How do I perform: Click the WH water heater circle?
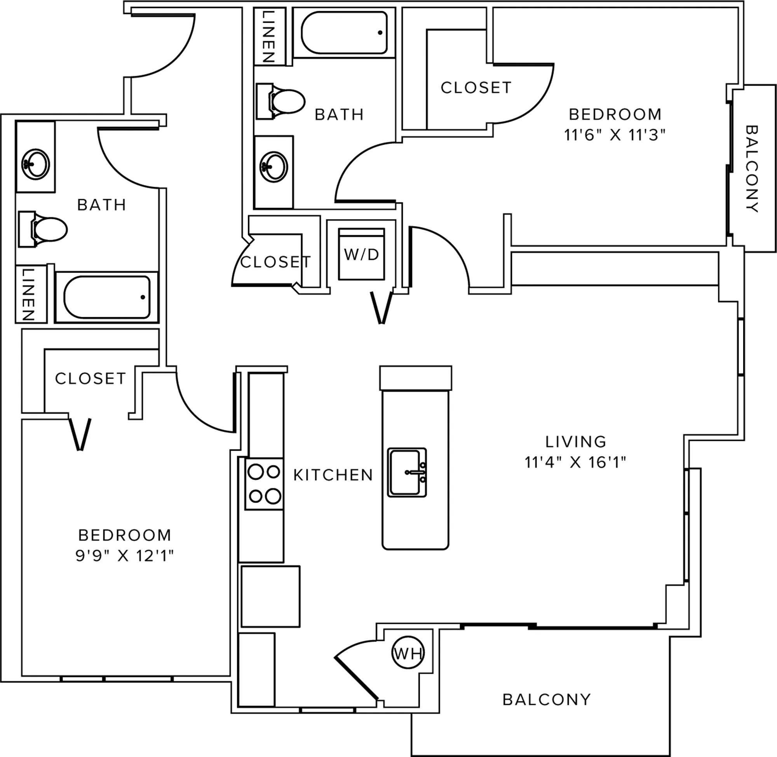click(x=408, y=652)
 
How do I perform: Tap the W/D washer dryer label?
click(x=361, y=254)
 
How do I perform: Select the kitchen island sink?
click(x=407, y=472)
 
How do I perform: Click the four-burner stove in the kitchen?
click(x=264, y=484)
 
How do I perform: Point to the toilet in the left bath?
click(x=42, y=229)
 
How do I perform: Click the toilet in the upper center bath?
click(x=280, y=101)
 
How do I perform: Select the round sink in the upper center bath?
click(x=274, y=166)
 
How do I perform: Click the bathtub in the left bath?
click(x=106, y=297)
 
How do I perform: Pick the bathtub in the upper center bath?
click(x=344, y=33)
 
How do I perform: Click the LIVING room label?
click(x=576, y=441)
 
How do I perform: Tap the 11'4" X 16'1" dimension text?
click(x=576, y=462)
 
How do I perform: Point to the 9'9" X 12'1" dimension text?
click(x=125, y=556)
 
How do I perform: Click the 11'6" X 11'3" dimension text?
click(x=615, y=135)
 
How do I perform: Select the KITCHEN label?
click(x=333, y=475)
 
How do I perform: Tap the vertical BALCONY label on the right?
click(x=752, y=169)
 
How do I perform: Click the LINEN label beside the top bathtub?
click(x=269, y=36)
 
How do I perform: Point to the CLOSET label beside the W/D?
click(x=276, y=262)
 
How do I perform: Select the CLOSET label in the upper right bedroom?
click(x=476, y=88)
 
